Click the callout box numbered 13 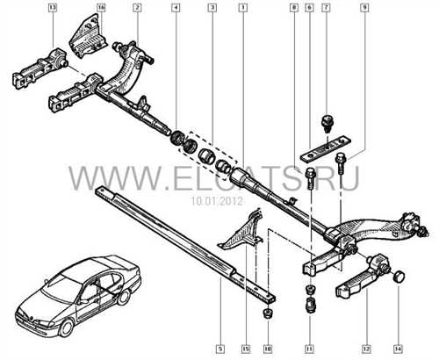pos(53,8)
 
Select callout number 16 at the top pos(101,8)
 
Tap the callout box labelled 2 pos(137,8)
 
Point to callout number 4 pos(176,8)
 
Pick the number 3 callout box pos(212,8)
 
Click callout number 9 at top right pos(364,8)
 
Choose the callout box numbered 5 pos(220,349)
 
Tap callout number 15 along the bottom pos(245,349)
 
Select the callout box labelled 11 pos(309,349)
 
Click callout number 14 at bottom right pos(398,349)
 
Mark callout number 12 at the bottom pos(366,349)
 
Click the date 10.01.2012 pos(217,201)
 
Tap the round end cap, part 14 pos(399,277)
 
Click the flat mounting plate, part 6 pos(325,148)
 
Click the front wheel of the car pos(67,328)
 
